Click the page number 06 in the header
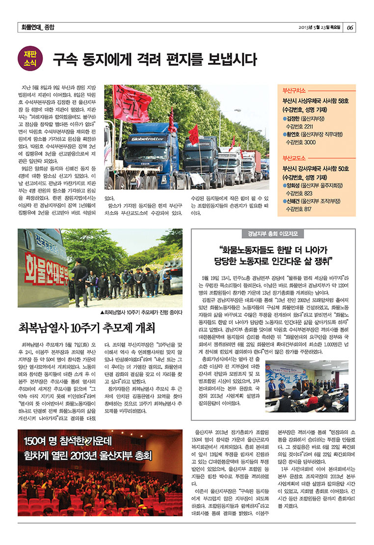point(350,27)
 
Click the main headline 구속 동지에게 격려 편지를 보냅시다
point(155,60)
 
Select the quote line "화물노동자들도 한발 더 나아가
point(274,248)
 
